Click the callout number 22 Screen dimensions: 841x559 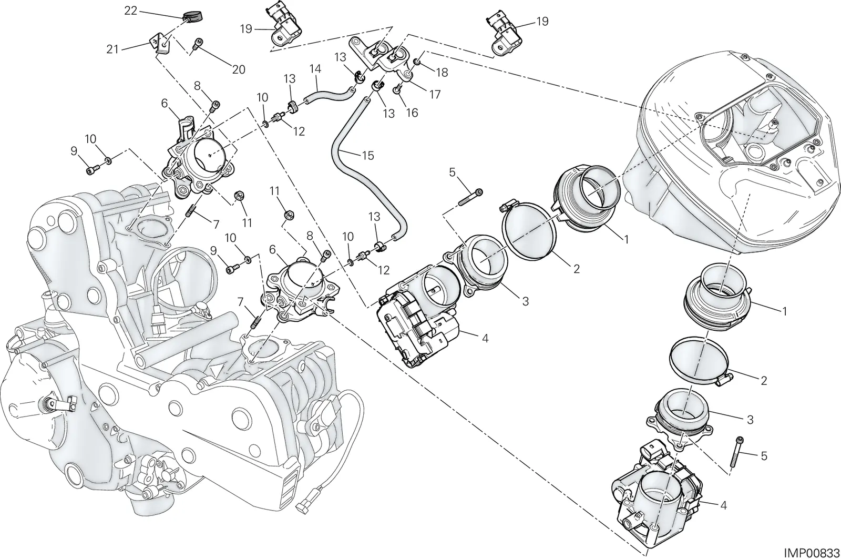[x=131, y=11]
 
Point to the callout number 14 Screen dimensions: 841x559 [x=316, y=69]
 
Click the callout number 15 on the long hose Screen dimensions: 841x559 [x=368, y=155]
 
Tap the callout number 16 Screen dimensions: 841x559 [x=412, y=113]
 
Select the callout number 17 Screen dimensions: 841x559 [x=435, y=94]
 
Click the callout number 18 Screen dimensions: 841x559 [x=442, y=73]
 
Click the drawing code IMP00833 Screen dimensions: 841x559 [x=812, y=553]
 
